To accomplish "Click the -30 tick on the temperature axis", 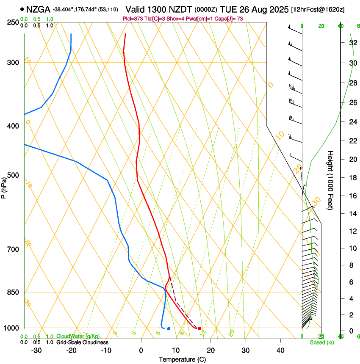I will point(36,350).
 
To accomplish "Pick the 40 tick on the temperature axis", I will point(280,350).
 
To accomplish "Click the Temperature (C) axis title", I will point(182,360).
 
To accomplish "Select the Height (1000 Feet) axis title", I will point(330,180).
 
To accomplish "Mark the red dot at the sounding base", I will point(199,328).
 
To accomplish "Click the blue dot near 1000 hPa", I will point(169,328).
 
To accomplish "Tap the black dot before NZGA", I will point(22,9).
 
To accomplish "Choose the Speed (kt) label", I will point(321,342).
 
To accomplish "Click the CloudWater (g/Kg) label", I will point(78,336).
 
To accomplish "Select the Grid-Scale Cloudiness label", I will point(82,342).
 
